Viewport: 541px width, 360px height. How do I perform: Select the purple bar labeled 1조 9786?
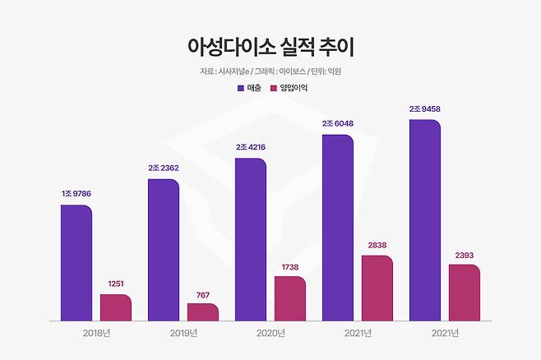pyautogui.click(x=76, y=263)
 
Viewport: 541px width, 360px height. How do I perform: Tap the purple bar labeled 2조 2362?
pyautogui.click(x=164, y=250)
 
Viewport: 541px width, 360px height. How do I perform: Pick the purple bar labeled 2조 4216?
pyautogui.click(x=251, y=239)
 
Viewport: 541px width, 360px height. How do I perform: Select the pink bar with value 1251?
pyautogui.click(x=116, y=307)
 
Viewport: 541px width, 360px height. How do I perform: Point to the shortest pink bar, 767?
pyautogui.click(x=203, y=312)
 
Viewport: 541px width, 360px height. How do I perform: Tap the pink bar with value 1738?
pyautogui.click(x=290, y=298)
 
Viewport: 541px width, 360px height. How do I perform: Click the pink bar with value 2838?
pyautogui.click(x=377, y=288)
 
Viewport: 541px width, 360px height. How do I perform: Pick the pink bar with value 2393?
pyautogui.click(x=465, y=293)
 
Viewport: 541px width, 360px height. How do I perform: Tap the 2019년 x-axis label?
pyautogui.click(x=183, y=333)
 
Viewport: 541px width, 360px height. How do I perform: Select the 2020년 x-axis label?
pyautogui.click(x=270, y=333)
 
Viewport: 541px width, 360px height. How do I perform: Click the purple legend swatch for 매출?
pyautogui.click(x=241, y=87)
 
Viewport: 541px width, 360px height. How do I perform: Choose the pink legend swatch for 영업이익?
pyautogui.click(x=274, y=87)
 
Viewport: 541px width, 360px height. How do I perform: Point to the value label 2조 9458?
pyautogui.click(x=425, y=109)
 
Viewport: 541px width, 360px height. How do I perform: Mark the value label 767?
pyautogui.click(x=203, y=293)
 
